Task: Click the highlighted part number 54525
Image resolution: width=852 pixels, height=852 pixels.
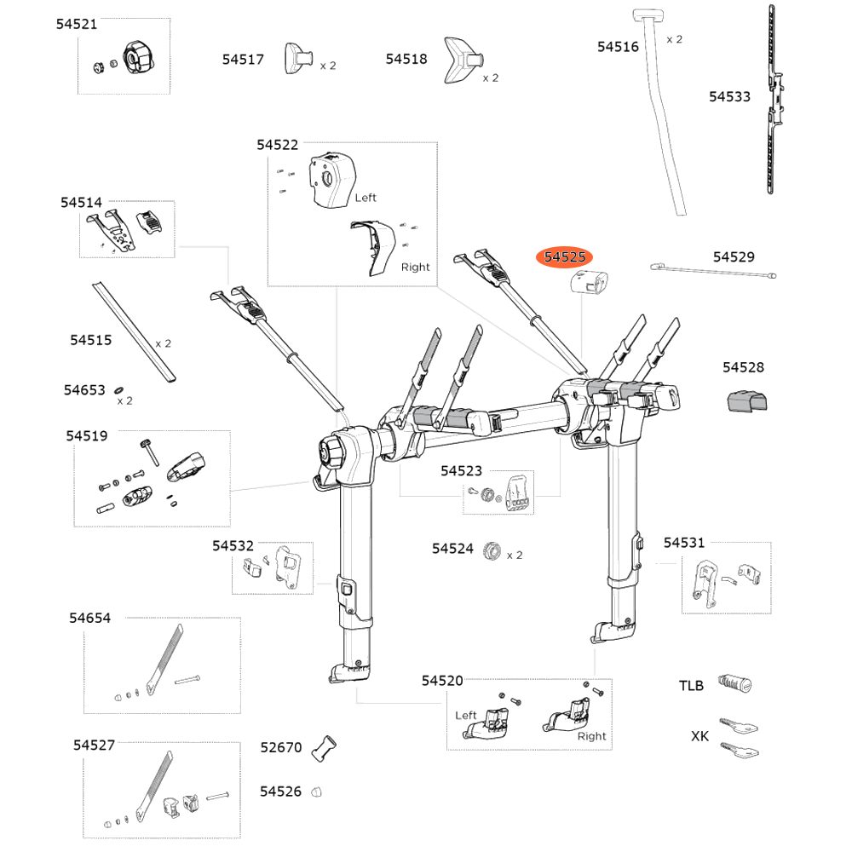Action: [563, 256]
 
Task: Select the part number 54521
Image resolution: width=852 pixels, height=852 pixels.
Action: [77, 25]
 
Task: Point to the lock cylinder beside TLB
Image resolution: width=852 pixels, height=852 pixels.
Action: [735, 683]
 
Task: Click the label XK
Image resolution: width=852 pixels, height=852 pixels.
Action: [699, 736]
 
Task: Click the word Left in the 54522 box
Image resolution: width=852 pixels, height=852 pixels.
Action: [366, 198]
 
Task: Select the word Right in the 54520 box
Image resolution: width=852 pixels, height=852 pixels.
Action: [591, 736]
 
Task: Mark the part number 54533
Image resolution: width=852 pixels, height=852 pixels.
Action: [730, 97]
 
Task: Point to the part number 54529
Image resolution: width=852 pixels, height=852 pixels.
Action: [734, 256]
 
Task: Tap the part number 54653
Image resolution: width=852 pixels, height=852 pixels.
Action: [84, 390]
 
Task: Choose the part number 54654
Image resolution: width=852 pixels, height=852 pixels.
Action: [90, 619]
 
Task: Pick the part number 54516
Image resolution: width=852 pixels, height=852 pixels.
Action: [618, 47]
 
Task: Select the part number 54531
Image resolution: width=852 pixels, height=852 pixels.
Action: [684, 543]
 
